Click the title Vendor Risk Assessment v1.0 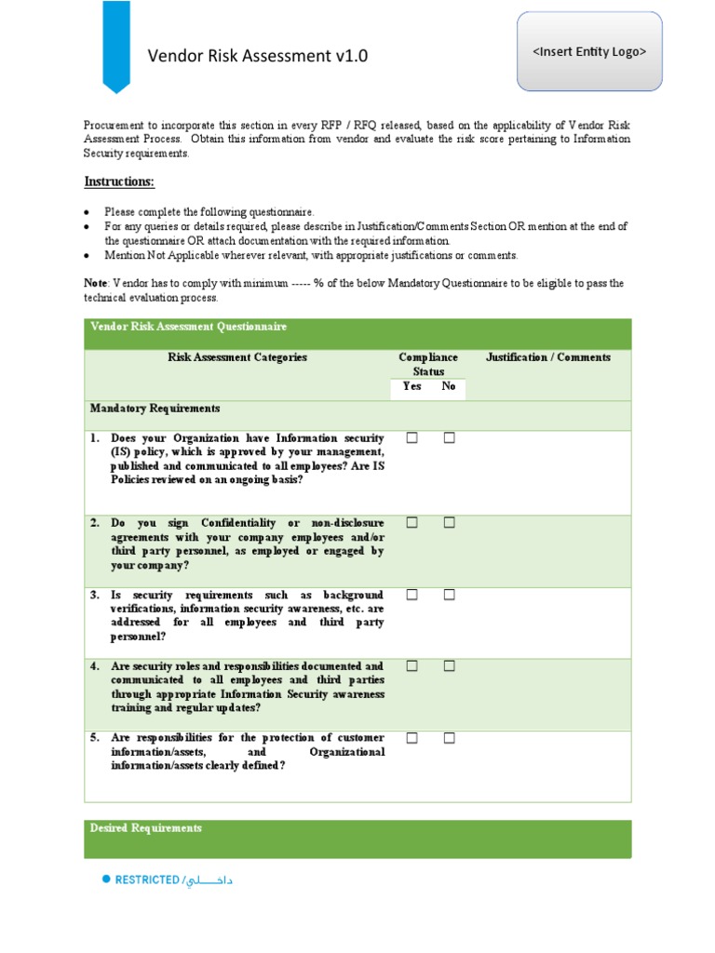click(258, 56)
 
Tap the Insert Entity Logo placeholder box click(588, 51)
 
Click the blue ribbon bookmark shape click(115, 45)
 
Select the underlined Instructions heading click(119, 181)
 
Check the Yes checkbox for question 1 click(411, 437)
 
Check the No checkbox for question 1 click(449, 437)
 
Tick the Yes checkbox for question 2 click(411, 523)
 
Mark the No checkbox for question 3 click(449, 595)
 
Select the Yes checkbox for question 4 click(411, 666)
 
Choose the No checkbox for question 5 click(449, 738)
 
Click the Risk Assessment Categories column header click(236, 357)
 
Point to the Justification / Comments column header click(548, 357)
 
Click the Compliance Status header click(428, 364)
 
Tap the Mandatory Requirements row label click(155, 409)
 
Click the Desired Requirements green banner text click(145, 828)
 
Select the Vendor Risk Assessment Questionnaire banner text click(188, 327)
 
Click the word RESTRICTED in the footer click(146, 880)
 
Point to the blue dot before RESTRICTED click(106, 879)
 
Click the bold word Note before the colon click(95, 283)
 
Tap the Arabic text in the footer click(209, 880)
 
